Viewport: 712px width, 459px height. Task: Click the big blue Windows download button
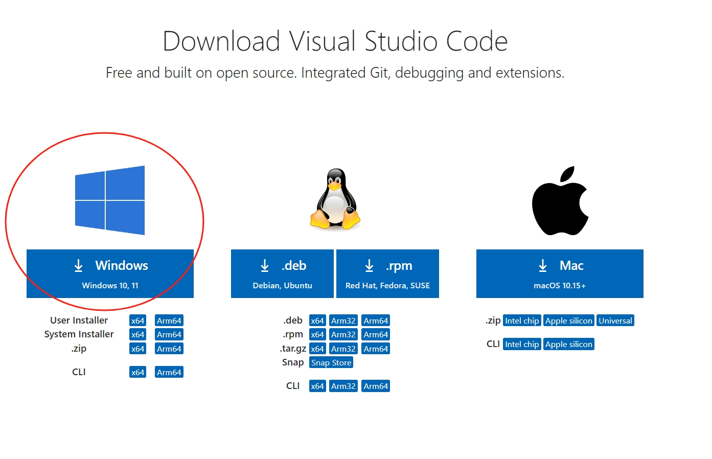110,273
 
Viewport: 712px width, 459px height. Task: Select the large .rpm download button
387,273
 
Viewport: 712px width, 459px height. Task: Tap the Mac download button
560,273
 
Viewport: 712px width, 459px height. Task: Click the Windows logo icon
110,200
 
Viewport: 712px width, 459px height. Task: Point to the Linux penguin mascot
335,199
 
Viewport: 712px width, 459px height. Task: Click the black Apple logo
560,200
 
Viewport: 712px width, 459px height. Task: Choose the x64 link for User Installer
137,320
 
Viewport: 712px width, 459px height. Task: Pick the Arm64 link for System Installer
169,334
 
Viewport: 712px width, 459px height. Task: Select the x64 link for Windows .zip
137,349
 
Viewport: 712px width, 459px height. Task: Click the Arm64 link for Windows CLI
169,372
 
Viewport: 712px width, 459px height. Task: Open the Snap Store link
331,363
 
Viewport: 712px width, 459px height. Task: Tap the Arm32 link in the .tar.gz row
343,349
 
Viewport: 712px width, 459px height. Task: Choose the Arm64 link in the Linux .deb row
376,320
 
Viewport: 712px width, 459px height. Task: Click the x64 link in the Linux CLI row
317,386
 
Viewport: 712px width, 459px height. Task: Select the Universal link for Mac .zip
615,320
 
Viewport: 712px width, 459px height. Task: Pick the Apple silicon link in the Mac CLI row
569,345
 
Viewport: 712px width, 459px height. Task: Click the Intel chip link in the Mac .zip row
522,320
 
